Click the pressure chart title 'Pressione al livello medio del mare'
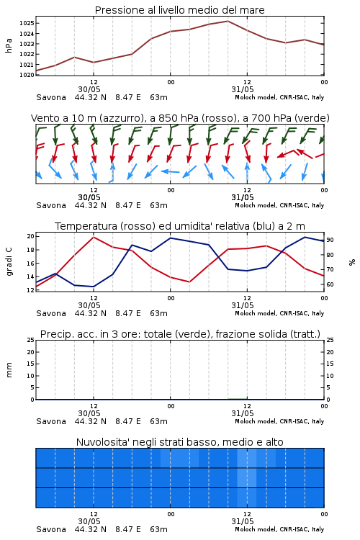click(179, 10)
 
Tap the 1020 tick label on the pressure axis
click(27, 75)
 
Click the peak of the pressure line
click(228, 21)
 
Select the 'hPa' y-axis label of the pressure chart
click(9, 45)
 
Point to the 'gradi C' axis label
click(9, 261)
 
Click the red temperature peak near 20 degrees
click(94, 237)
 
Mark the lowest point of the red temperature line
click(189, 282)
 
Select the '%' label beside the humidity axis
click(352, 262)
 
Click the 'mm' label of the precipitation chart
click(9, 370)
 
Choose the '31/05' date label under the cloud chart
click(243, 521)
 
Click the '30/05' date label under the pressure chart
click(89, 89)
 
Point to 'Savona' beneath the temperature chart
click(51, 313)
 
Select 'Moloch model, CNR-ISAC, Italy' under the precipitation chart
click(279, 421)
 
